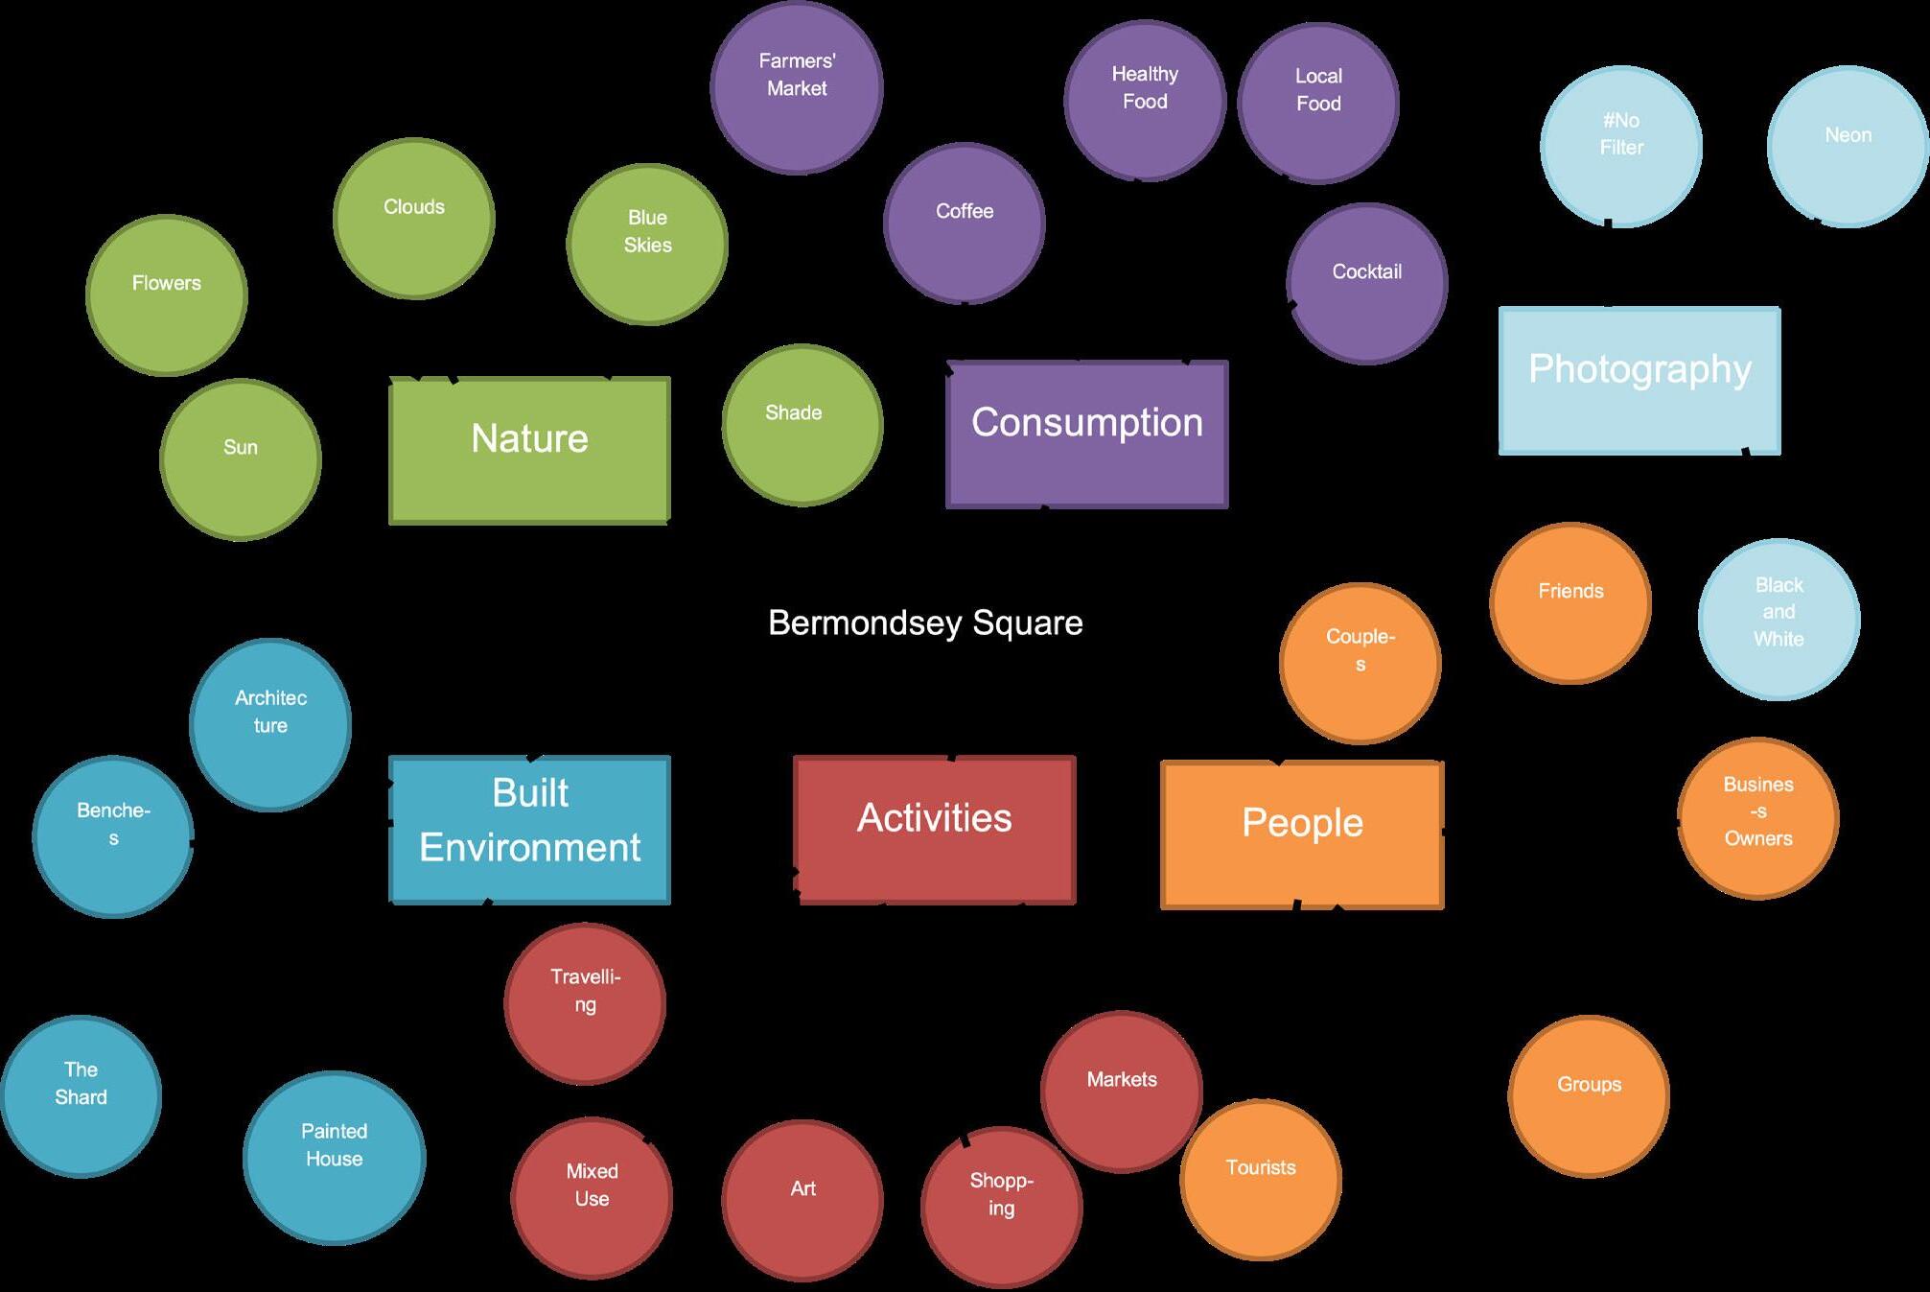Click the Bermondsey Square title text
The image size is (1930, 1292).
[x=925, y=623]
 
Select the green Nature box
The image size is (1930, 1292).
[x=529, y=450]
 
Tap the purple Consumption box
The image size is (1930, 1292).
[x=1086, y=434]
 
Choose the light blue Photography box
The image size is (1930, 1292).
[x=1639, y=380]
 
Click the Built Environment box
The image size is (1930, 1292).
[x=529, y=830]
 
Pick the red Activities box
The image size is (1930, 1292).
[x=935, y=830]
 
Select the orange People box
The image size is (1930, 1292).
[x=1302, y=834]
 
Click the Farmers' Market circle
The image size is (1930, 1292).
[x=797, y=87]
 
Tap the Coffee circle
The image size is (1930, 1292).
[x=965, y=223]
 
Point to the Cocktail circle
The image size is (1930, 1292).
[x=1367, y=284]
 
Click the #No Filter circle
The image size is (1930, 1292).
[x=1621, y=146]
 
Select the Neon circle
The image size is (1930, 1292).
[x=1848, y=146]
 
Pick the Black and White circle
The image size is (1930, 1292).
[x=1779, y=619]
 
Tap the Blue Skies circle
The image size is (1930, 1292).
[x=647, y=244]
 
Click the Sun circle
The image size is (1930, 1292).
[x=241, y=459]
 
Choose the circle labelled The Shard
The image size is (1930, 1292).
[x=81, y=1095]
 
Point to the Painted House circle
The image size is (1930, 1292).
[x=334, y=1157]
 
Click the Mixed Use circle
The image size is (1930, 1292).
[x=592, y=1197]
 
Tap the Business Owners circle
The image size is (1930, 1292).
[x=1757, y=818]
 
